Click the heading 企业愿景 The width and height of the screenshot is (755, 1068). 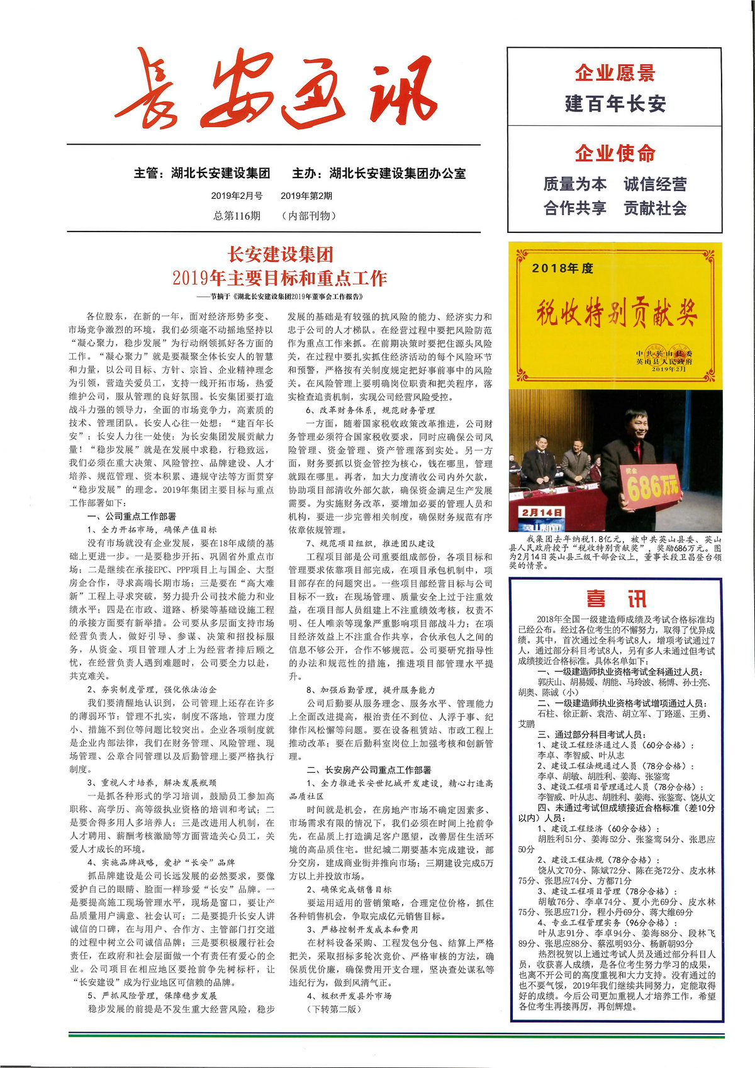pos(615,73)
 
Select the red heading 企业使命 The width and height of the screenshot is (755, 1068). pos(615,153)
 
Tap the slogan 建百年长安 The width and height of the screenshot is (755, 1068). pos(615,103)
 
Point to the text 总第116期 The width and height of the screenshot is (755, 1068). pos(237,216)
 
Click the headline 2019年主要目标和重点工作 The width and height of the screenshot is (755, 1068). pos(280,278)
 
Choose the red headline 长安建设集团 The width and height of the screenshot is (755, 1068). pos(280,254)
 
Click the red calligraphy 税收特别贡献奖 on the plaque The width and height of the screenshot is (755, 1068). pos(615,313)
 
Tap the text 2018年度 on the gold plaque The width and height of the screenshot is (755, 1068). pos(562,268)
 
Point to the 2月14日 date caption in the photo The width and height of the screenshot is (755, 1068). pos(541,512)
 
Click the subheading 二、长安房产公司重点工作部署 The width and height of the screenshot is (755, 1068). pos(369,770)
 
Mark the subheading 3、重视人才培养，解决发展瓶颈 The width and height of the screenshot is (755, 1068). pos(152,783)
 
